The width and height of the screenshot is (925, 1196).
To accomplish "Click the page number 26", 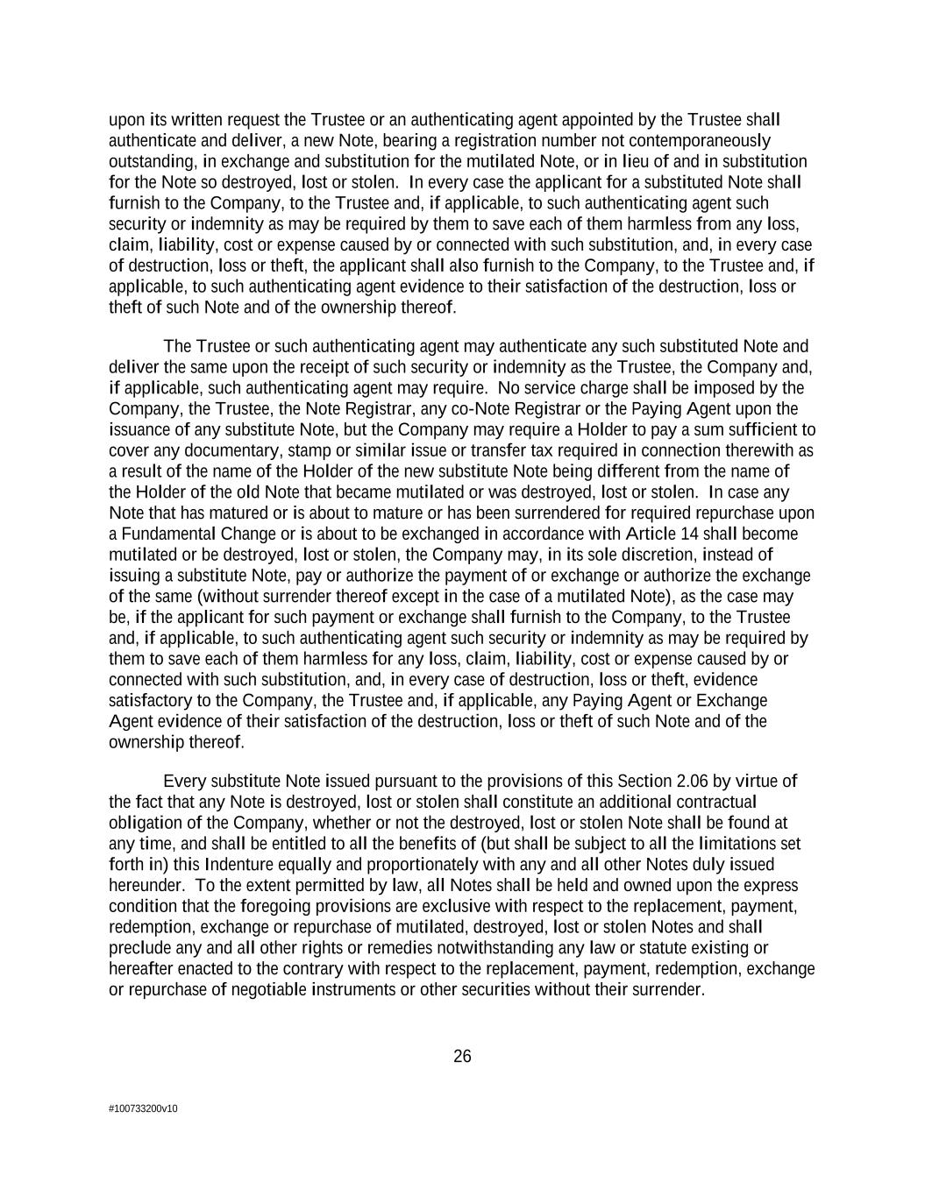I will pos(462,1057).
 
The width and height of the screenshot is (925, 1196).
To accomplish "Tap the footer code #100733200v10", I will pos(143,1109).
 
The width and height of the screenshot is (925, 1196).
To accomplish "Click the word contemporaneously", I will pos(701,141).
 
